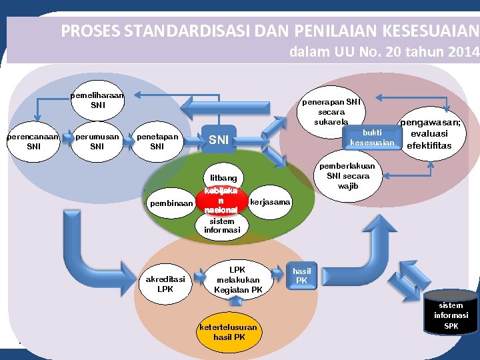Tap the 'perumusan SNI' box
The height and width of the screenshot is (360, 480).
coord(97,141)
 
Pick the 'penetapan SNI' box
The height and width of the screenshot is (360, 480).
coord(157,141)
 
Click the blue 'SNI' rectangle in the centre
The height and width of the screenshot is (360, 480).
coord(219,140)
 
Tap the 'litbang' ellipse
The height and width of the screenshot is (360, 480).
coord(223,178)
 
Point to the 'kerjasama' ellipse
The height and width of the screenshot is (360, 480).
coord(269,201)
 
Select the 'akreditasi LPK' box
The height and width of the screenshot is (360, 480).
coord(165,283)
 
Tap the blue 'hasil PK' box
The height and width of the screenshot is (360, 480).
coord(301,275)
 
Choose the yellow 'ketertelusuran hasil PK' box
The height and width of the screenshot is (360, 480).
coord(229,332)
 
